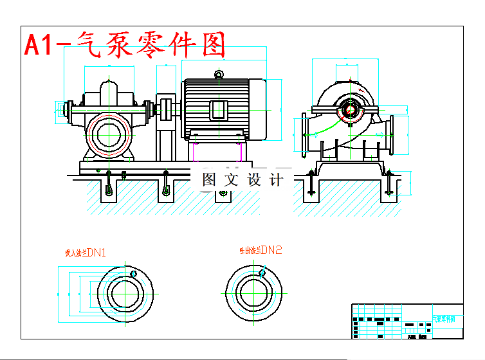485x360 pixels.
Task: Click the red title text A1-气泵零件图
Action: click(125, 46)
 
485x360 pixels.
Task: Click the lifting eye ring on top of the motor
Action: click(219, 75)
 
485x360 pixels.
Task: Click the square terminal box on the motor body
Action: click(219, 110)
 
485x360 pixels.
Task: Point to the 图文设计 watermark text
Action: click(243, 180)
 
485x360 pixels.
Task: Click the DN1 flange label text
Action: click(86, 252)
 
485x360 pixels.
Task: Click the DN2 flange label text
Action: click(261, 250)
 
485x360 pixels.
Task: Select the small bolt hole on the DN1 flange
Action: click(134, 274)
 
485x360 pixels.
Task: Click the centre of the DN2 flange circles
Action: click(253, 292)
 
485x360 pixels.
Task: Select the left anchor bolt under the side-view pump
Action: click(311, 183)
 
